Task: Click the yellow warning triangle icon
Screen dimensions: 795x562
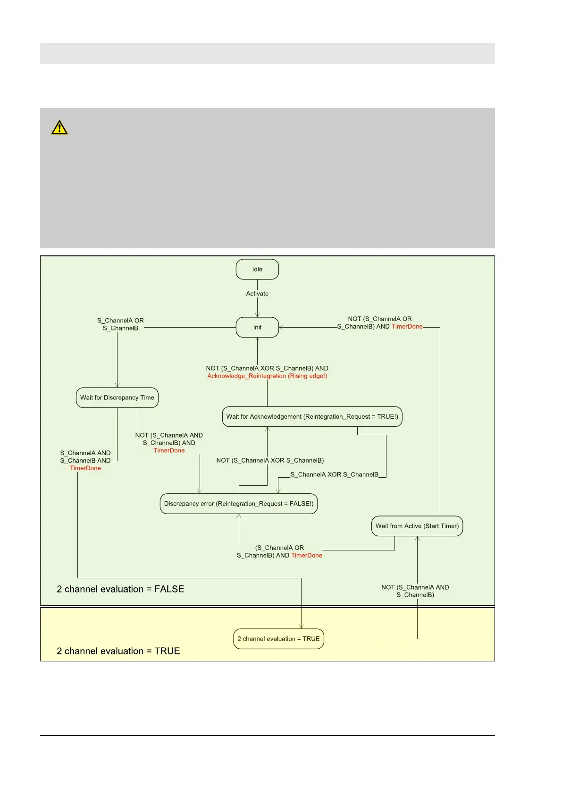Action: pyautogui.click(x=59, y=128)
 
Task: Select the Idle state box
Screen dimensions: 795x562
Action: pyautogui.click(x=257, y=269)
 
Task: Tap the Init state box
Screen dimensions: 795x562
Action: pyautogui.click(x=257, y=327)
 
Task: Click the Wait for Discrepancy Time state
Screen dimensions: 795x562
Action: pyautogui.click(x=117, y=397)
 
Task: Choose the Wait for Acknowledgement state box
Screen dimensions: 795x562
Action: pyautogui.click(x=312, y=416)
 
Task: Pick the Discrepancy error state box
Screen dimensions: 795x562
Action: pyautogui.click(x=239, y=504)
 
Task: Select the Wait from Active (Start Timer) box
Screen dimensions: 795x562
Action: pyautogui.click(x=417, y=526)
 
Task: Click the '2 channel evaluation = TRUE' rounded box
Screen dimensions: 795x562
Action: pyautogui.click(x=278, y=639)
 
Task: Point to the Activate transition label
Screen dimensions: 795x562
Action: pyautogui.click(x=257, y=294)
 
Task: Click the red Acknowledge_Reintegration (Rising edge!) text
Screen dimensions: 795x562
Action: pyautogui.click(x=267, y=376)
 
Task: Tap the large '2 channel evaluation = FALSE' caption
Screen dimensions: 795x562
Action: pyautogui.click(x=120, y=589)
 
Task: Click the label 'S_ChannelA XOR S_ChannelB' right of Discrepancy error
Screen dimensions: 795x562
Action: pyautogui.click(x=334, y=474)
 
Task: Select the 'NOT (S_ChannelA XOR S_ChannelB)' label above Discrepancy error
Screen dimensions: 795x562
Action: pyautogui.click(x=270, y=460)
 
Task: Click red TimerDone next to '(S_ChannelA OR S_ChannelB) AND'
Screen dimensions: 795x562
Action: pyautogui.click(x=307, y=556)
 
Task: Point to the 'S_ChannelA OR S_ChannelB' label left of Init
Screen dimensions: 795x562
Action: pyautogui.click(x=120, y=324)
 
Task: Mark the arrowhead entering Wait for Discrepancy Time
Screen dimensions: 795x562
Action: pyautogui.click(x=117, y=385)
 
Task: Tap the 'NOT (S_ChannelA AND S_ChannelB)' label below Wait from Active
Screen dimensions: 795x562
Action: pyautogui.click(x=415, y=591)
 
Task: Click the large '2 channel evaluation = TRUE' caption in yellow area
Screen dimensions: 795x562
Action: pyautogui.click(x=118, y=651)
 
